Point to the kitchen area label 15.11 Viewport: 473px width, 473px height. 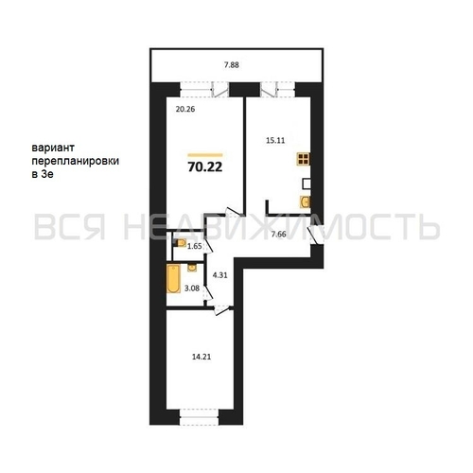276,140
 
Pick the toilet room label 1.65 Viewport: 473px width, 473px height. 194,247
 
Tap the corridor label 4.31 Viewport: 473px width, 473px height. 220,275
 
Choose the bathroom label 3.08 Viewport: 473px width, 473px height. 191,286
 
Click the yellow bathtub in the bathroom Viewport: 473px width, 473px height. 173,280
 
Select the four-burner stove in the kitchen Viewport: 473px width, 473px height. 305,160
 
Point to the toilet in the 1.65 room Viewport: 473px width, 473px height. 181,245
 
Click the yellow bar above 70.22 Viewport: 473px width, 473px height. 204,154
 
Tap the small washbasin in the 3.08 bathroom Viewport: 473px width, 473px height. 189,270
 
